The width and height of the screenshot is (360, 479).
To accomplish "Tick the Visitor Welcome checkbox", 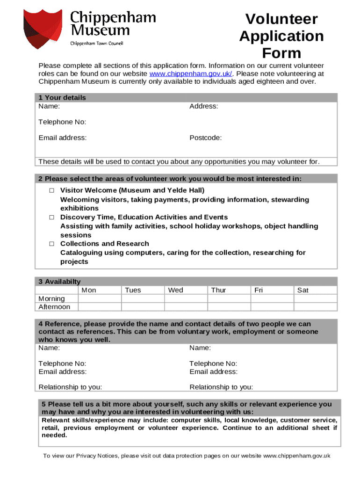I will [52, 190].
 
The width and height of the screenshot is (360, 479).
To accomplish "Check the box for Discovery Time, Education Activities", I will [52, 217].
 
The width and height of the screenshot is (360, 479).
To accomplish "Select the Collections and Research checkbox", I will [52, 244].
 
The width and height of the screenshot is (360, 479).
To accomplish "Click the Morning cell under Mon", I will [99, 298].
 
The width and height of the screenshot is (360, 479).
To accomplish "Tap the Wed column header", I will [176, 290].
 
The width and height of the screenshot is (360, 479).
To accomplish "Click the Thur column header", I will [218, 290].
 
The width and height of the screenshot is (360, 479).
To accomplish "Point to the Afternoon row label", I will [54, 307].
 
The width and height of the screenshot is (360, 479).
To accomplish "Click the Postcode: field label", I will [205, 138].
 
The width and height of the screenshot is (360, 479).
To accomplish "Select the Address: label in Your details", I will [203, 106].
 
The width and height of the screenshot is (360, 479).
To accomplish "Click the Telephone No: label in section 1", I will [62, 122].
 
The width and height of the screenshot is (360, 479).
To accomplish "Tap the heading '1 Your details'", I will [62, 98].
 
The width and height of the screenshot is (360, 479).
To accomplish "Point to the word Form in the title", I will [281, 53].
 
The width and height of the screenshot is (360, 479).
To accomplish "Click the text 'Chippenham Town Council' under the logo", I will [96, 44].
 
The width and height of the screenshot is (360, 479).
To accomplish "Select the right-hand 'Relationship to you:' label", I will [221, 387].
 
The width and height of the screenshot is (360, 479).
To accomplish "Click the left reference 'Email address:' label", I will [62, 372].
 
